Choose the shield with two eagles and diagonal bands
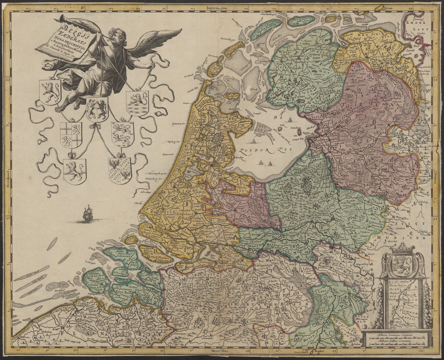tap(120, 171)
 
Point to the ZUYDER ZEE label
tap(265, 150)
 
